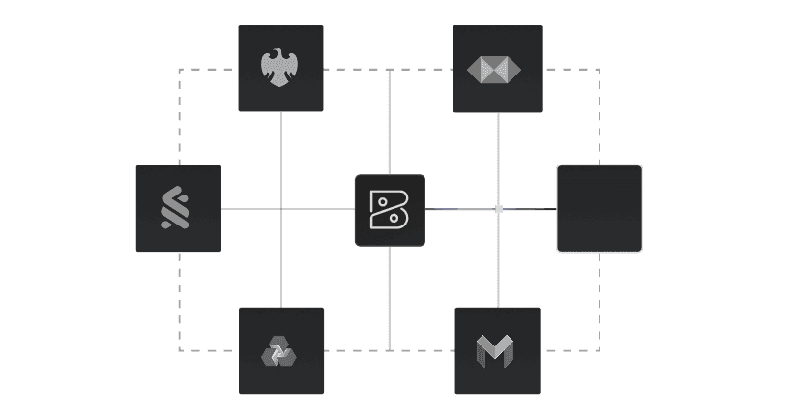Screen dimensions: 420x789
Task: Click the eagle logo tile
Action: [x=280, y=69]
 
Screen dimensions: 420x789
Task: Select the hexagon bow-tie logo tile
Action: [x=497, y=69]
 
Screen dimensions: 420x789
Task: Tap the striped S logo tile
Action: [x=178, y=208]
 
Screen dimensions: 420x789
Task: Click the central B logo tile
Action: [x=390, y=210]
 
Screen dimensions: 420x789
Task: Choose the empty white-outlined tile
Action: [x=599, y=208]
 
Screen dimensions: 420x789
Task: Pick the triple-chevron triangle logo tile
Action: [x=280, y=350]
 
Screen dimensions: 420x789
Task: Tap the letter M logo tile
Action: [x=497, y=350]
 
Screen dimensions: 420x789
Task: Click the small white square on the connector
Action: [x=499, y=209]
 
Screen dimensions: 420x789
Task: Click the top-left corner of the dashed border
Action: [x=180, y=70]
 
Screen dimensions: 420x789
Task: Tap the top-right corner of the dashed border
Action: [x=599, y=70]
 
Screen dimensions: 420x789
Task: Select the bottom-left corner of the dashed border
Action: [x=180, y=350]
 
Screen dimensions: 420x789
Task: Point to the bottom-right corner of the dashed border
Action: [x=599, y=350]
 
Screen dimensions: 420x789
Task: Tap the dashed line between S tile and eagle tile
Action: [x=180, y=116]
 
